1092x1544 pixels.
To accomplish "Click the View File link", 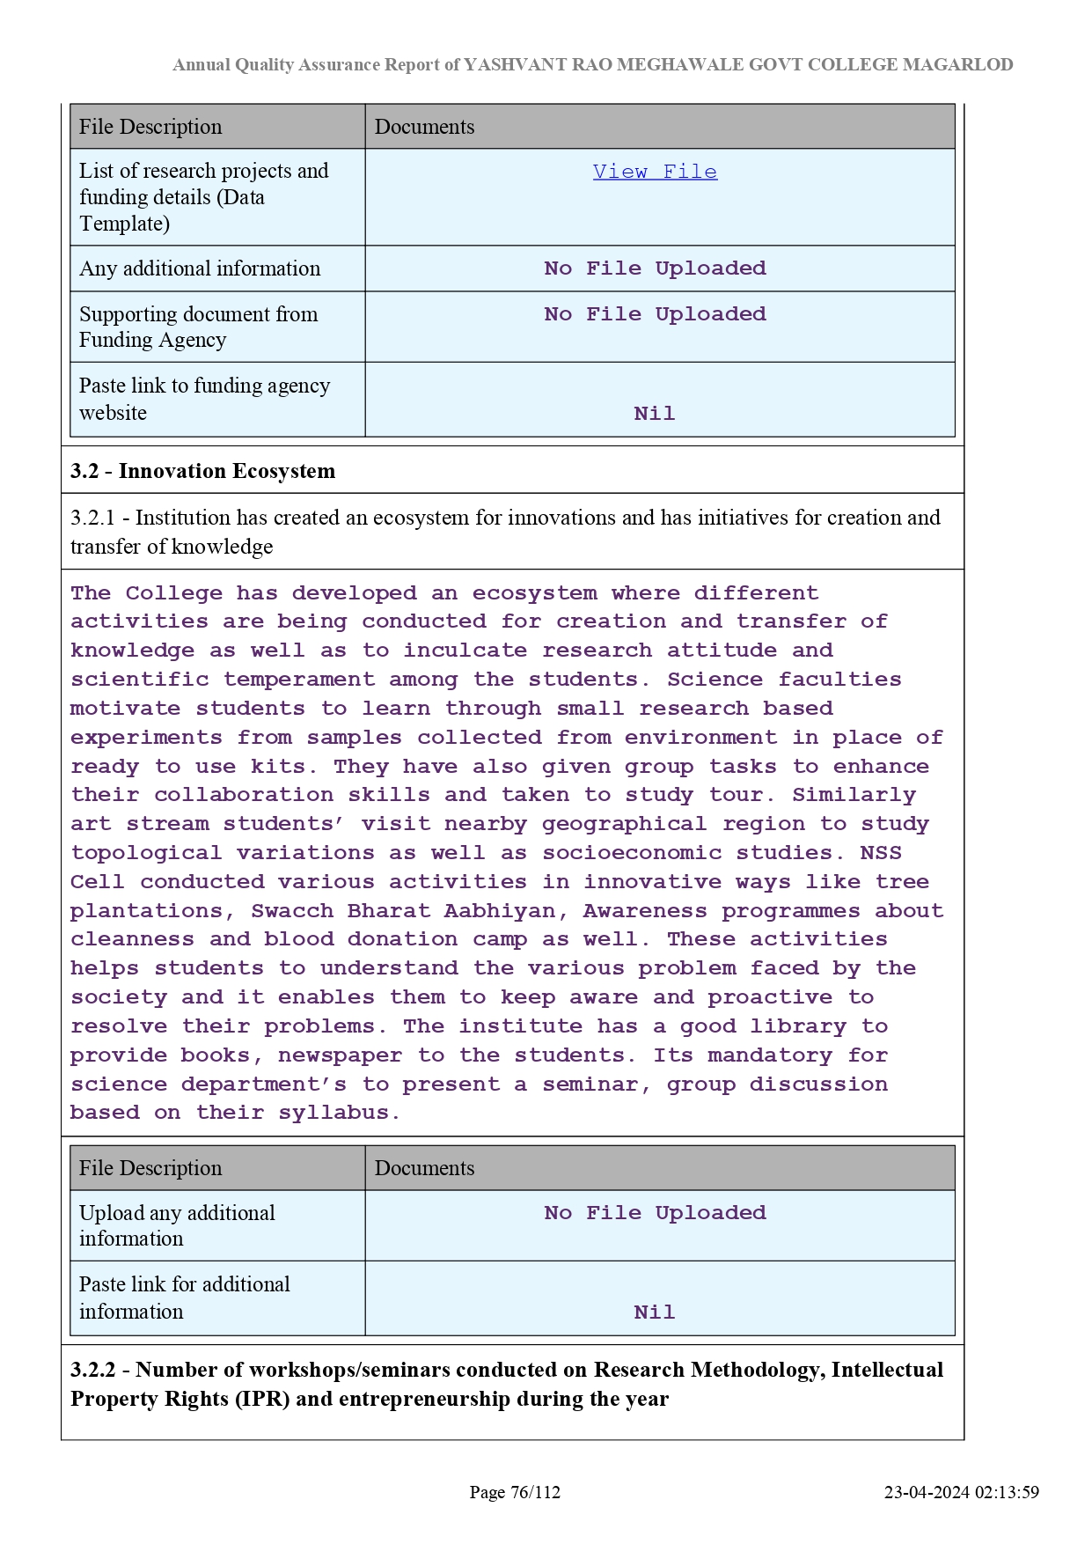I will tap(655, 172).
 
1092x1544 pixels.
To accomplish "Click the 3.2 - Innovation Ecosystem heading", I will tap(202, 471).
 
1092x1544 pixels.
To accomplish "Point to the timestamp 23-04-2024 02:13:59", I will tap(961, 1492).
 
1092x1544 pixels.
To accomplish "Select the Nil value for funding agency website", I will tap(655, 414).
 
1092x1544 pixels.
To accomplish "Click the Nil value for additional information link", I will tap(655, 1312).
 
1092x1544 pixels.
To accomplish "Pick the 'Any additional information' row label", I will tap(200, 268).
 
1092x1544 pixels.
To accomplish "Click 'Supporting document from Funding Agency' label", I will tap(198, 327).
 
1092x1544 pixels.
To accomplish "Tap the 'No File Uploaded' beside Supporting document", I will tap(655, 314).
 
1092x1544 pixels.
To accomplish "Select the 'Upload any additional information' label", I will tap(177, 1225).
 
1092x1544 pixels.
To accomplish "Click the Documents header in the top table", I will tap(424, 127).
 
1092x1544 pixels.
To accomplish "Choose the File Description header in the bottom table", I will tap(150, 1168).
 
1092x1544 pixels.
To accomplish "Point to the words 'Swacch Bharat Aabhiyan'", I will tap(403, 910).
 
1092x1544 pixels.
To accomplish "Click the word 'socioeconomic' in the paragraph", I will tap(632, 853).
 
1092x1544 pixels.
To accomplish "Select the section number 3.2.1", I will tap(92, 518).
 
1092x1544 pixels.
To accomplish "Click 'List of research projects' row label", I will tap(203, 171).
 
